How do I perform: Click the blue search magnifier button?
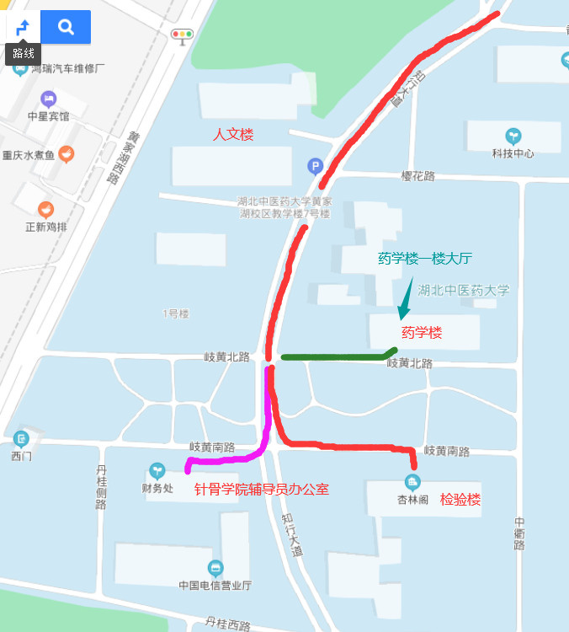(65, 27)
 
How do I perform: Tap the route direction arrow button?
(23, 27)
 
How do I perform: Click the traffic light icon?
(181, 35)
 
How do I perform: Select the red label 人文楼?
(232, 135)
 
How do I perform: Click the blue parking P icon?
(315, 166)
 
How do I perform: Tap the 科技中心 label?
(513, 153)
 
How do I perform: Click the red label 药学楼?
(422, 333)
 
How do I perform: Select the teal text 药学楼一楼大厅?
(425, 260)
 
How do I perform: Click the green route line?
(337, 357)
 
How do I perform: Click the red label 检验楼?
(460, 500)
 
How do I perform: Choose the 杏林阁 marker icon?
(412, 482)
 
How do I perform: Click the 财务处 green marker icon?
(157, 470)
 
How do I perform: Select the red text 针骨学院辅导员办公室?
(262, 490)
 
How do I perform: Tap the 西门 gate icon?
(21, 438)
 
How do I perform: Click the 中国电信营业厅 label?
(215, 585)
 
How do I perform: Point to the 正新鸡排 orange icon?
(45, 209)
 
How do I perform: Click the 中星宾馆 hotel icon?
(48, 99)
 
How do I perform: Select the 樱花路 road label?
(417, 176)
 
